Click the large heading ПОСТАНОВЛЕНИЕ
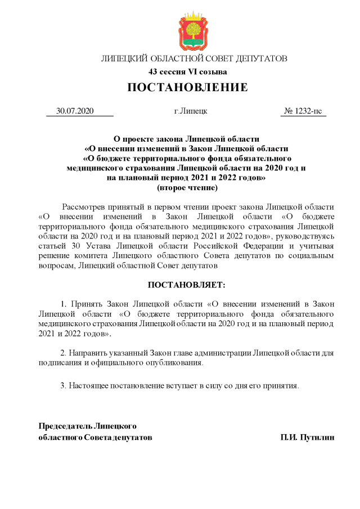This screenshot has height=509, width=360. (x=187, y=88)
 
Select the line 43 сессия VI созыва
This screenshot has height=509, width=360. (x=187, y=71)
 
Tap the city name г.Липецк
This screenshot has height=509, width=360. (x=191, y=111)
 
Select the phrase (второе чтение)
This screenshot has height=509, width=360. (x=187, y=187)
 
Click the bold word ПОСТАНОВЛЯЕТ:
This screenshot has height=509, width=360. (x=186, y=286)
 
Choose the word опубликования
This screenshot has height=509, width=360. (x=174, y=363)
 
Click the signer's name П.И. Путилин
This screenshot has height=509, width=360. (x=307, y=436)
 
